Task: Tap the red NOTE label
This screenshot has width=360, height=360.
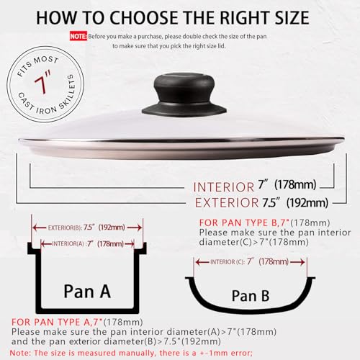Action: click(x=78, y=34)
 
